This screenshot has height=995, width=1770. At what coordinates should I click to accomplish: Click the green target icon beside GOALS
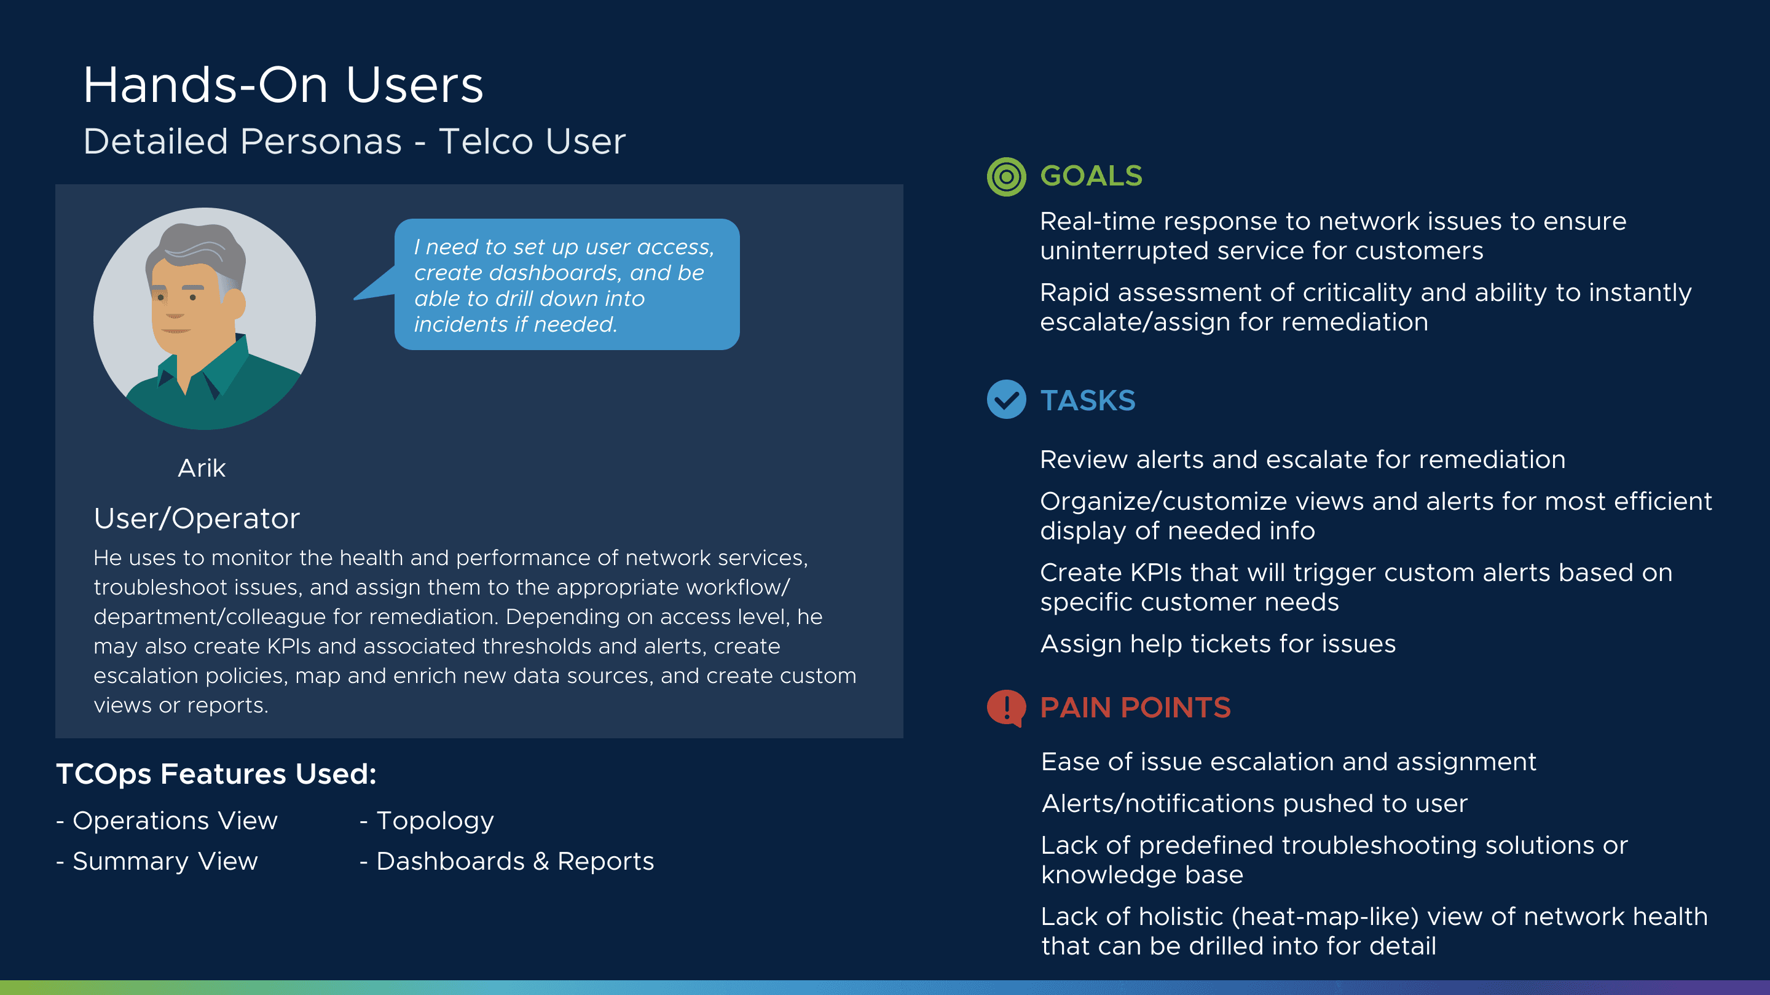[x=1006, y=176]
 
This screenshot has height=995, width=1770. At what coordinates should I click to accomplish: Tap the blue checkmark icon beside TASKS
[x=1006, y=400]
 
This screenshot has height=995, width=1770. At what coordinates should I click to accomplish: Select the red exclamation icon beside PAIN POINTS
[x=1006, y=708]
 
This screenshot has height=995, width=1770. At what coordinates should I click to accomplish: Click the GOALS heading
[x=1091, y=176]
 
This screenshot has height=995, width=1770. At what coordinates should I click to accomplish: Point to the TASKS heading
[x=1088, y=400]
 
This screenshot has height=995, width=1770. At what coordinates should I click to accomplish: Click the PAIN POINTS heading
[x=1135, y=708]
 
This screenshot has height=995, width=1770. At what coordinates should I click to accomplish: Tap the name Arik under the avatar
[x=202, y=468]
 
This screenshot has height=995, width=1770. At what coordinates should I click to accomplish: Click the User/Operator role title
[x=197, y=518]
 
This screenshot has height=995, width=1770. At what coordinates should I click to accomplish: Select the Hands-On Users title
[x=283, y=85]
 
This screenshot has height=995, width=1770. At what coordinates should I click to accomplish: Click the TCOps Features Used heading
[x=216, y=775]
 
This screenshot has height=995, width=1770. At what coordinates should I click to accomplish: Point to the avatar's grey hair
[x=199, y=247]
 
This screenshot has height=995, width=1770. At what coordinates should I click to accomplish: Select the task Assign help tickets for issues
[x=1217, y=644]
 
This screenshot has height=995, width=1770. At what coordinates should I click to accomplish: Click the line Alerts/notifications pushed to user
[x=1254, y=803]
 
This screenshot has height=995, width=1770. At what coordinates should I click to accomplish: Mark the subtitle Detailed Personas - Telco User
[x=355, y=141]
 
